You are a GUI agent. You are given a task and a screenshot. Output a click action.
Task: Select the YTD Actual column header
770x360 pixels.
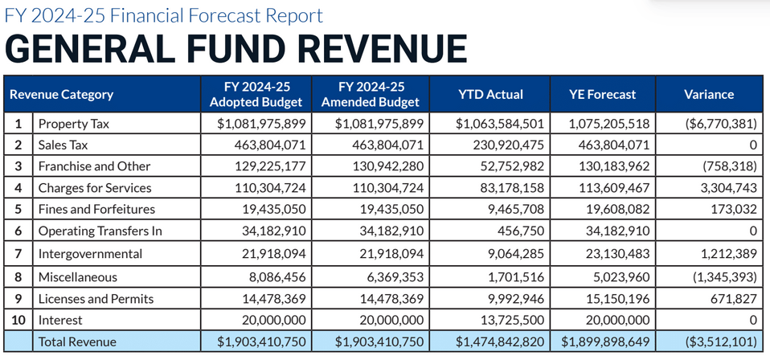(490, 94)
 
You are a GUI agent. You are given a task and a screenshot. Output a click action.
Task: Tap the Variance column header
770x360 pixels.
(709, 94)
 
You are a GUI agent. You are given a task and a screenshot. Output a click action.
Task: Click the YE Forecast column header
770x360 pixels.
(603, 94)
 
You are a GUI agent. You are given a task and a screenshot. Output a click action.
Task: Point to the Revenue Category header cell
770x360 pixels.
(61, 94)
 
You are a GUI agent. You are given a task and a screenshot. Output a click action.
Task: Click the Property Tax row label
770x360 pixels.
(73, 124)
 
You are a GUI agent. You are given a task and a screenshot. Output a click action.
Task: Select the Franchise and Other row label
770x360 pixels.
(94, 166)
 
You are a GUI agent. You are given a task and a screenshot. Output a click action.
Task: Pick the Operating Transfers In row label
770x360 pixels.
(100, 231)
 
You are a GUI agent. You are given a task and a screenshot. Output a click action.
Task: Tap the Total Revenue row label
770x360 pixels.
(77, 342)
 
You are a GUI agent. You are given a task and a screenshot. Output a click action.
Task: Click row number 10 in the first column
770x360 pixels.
(18, 320)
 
